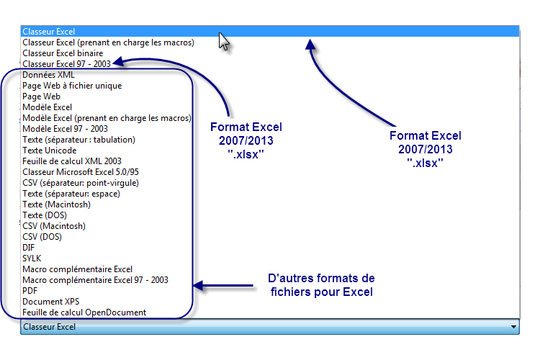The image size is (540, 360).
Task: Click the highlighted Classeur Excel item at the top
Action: pyautogui.click(x=49, y=32)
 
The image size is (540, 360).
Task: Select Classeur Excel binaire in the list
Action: pyautogui.click(x=63, y=53)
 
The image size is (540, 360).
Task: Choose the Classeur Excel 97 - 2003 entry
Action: pyautogui.click(x=66, y=64)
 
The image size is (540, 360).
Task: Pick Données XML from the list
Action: pyautogui.click(x=48, y=75)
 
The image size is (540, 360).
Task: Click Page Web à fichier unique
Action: pyautogui.click(x=72, y=86)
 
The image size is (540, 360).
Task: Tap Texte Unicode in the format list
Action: pyautogui.click(x=50, y=150)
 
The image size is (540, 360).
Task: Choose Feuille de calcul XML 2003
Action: pyautogui.click(x=72, y=161)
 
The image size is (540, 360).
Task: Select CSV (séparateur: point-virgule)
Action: pyautogui.click(x=81, y=183)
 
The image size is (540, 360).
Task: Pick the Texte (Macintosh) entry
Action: pyautogui.click(x=57, y=204)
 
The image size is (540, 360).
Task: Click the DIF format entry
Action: pyautogui.click(x=29, y=248)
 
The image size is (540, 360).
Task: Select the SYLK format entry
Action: pyautogui.click(x=32, y=258)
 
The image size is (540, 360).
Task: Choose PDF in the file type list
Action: pyautogui.click(x=30, y=291)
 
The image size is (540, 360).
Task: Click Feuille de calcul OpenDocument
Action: pyautogui.click(x=84, y=312)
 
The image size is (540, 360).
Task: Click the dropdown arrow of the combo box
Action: pyautogui.click(x=513, y=327)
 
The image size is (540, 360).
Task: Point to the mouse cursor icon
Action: pyautogui.click(x=225, y=41)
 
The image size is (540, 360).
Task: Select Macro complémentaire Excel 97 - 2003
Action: pyautogui.click(x=95, y=280)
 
